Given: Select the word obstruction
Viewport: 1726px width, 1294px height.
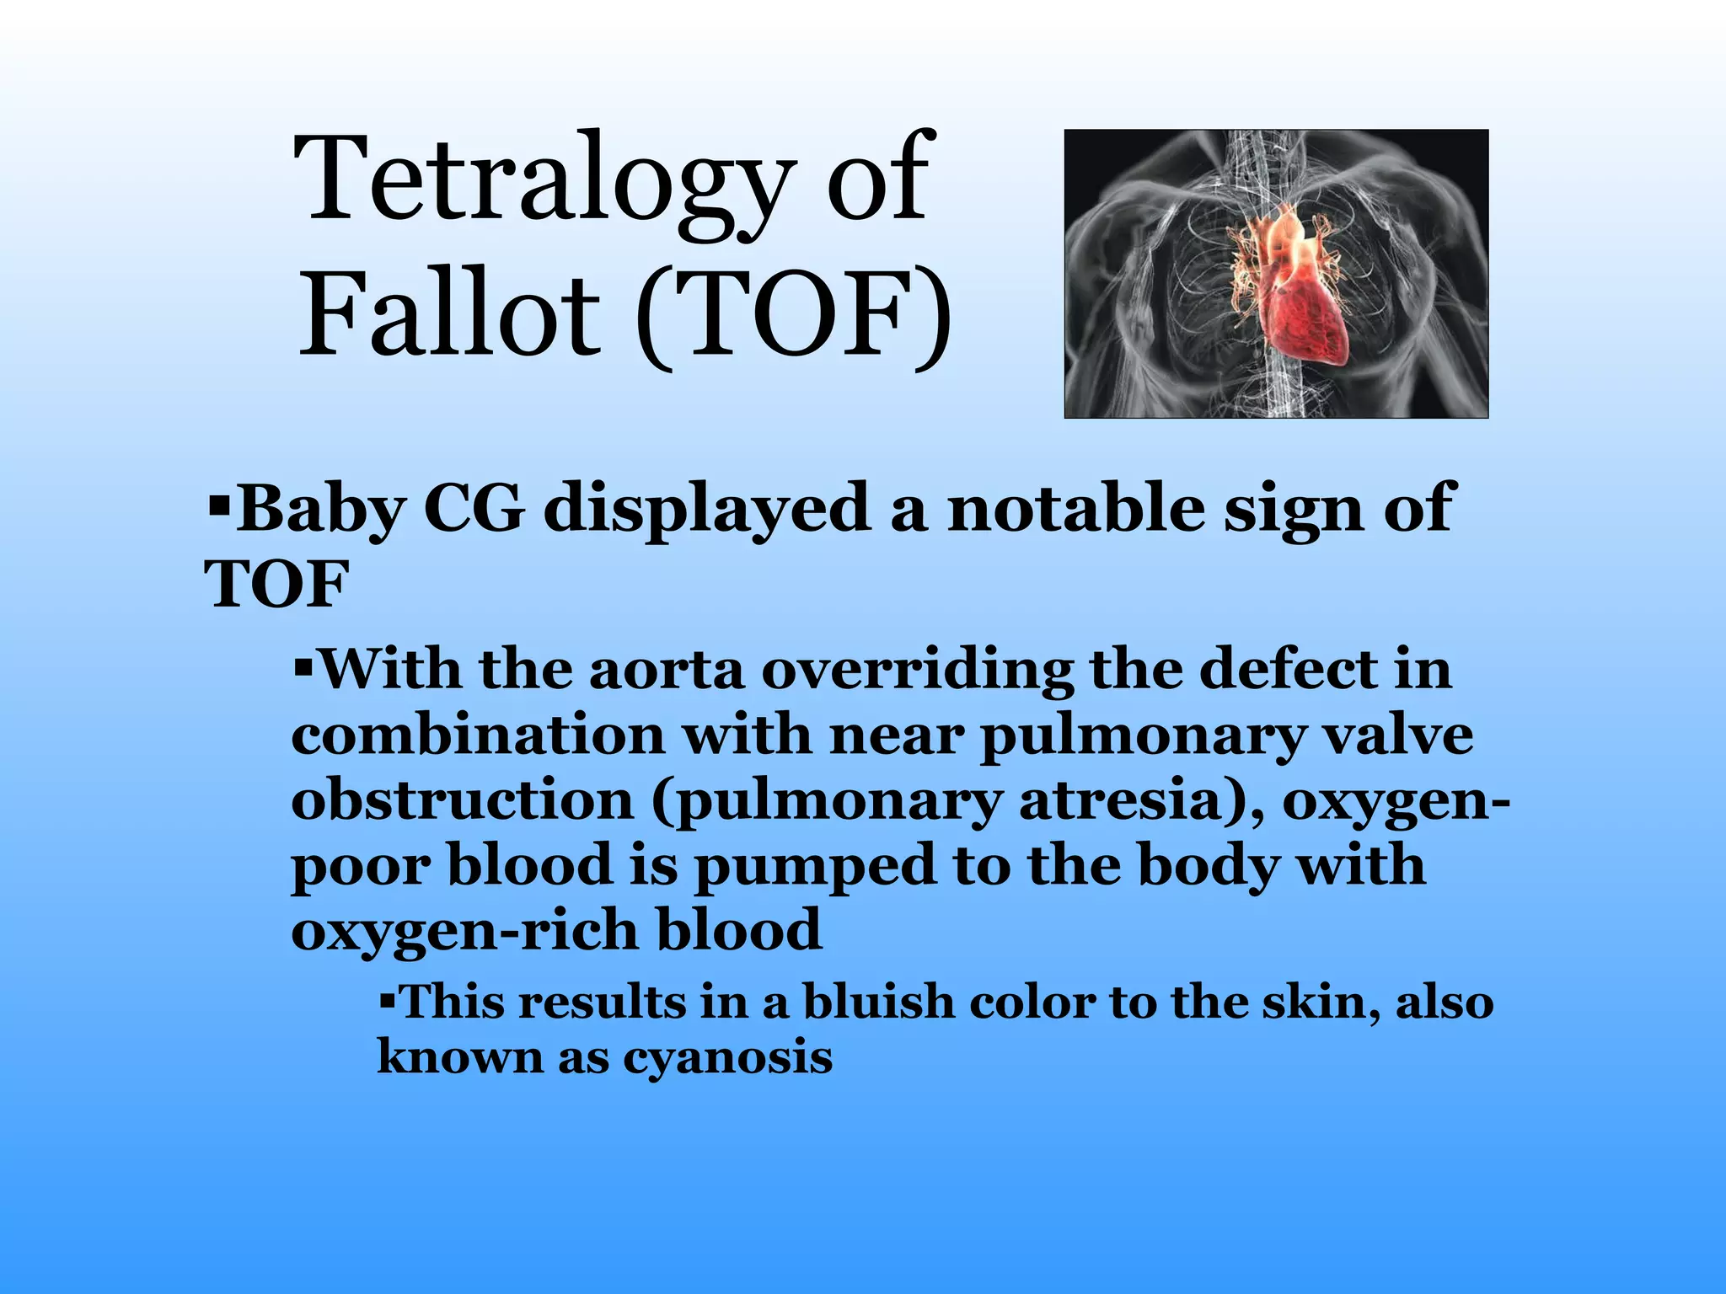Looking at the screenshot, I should (x=462, y=801).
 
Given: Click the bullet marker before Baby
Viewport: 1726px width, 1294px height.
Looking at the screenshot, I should (x=219, y=508).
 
